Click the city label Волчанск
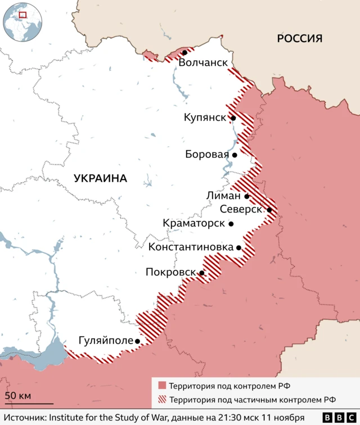tap(203, 63)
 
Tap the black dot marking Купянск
tap(232, 118)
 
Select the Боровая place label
tap(207, 155)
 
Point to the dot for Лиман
tap(247, 197)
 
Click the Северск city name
tap(241, 209)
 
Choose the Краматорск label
tap(193, 223)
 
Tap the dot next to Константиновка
tap(239, 247)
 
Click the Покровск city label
tap(170, 273)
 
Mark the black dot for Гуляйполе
tap(137, 341)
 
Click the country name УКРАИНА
tap(100, 178)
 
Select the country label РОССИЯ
tap(299, 38)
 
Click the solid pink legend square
tap(162, 386)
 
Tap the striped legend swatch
tap(162, 400)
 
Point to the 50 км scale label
tap(17, 396)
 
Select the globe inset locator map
tap(22, 22)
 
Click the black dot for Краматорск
tap(231, 224)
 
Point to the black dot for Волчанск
tap(184, 52)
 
